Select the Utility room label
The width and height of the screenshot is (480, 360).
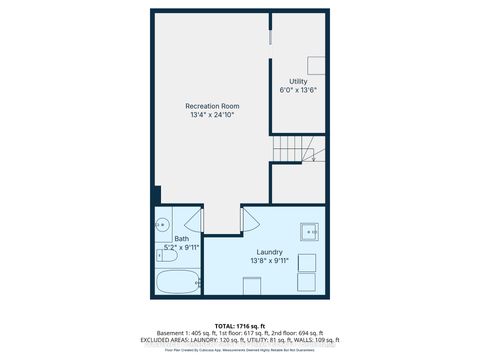[298, 81]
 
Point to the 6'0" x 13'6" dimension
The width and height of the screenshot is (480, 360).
[298, 90]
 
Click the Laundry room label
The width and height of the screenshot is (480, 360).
[268, 252]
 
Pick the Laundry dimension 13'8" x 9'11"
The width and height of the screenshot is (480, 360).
[268, 262]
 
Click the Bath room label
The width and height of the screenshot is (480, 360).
[181, 238]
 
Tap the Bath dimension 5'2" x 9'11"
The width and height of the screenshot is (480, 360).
[181, 247]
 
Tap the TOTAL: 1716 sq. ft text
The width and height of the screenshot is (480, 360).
[240, 325]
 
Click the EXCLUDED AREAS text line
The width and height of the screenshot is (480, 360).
[240, 341]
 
